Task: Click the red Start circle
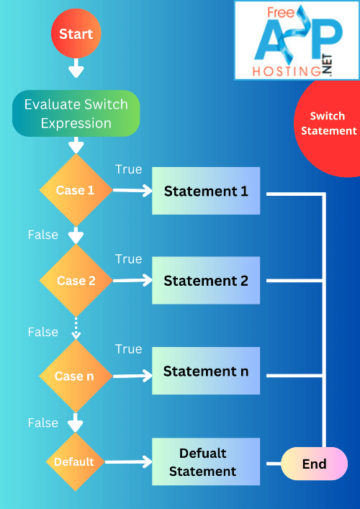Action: point(76,34)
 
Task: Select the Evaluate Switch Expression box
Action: point(76,114)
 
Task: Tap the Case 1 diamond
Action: point(76,191)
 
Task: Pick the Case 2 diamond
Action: point(76,281)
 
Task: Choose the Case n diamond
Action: point(76,376)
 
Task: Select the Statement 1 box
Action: point(206,192)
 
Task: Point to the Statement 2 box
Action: point(206,281)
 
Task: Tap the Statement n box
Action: point(206,371)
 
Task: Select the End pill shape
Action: point(314,464)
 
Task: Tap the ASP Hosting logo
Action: point(297,40)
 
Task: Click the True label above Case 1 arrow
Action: point(129,169)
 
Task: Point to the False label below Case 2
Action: point(42,332)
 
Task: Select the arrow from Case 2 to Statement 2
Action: point(132,281)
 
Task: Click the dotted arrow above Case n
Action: point(76,328)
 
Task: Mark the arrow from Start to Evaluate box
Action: point(76,68)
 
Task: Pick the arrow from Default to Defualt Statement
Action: point(130,462)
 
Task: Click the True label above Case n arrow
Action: point(129,349)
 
